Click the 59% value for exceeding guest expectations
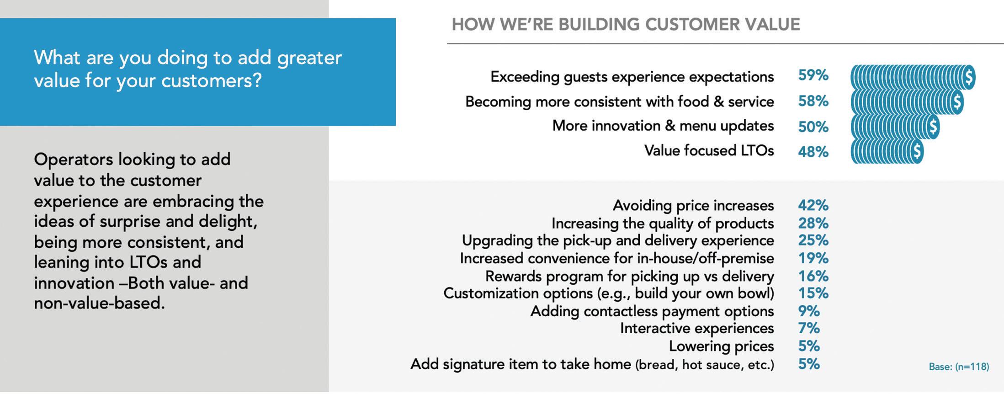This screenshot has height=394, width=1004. (x=813, y=75)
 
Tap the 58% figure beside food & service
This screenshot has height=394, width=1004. (x=813, y=101)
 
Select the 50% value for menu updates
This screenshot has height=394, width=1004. (x=813, y=127)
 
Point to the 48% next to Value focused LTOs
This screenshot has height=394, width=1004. (x=813, y=151)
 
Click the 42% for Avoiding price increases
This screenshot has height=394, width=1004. (x=813, y=205)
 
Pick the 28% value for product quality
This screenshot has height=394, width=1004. (x=813, y=223)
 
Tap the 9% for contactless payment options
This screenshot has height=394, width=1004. (x=809, y=311)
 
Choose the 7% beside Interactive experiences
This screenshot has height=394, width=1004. (x=809, y=328)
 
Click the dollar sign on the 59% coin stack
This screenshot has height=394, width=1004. (x=968, y=77)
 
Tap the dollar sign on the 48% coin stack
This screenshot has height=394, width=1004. (x=917, y=152)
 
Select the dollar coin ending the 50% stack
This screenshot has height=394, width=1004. (x=932, y=127)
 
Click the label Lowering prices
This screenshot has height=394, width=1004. (x=721, y=346)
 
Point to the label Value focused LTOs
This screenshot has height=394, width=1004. (x=709, y=150)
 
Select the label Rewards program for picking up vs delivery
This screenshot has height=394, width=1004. (x=629, y=277)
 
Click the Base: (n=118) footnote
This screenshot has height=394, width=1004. (x=959, y=367)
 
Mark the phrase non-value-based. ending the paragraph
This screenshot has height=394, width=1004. (x=99, y=303)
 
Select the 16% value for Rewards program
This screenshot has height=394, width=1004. (x=813, y=276)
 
